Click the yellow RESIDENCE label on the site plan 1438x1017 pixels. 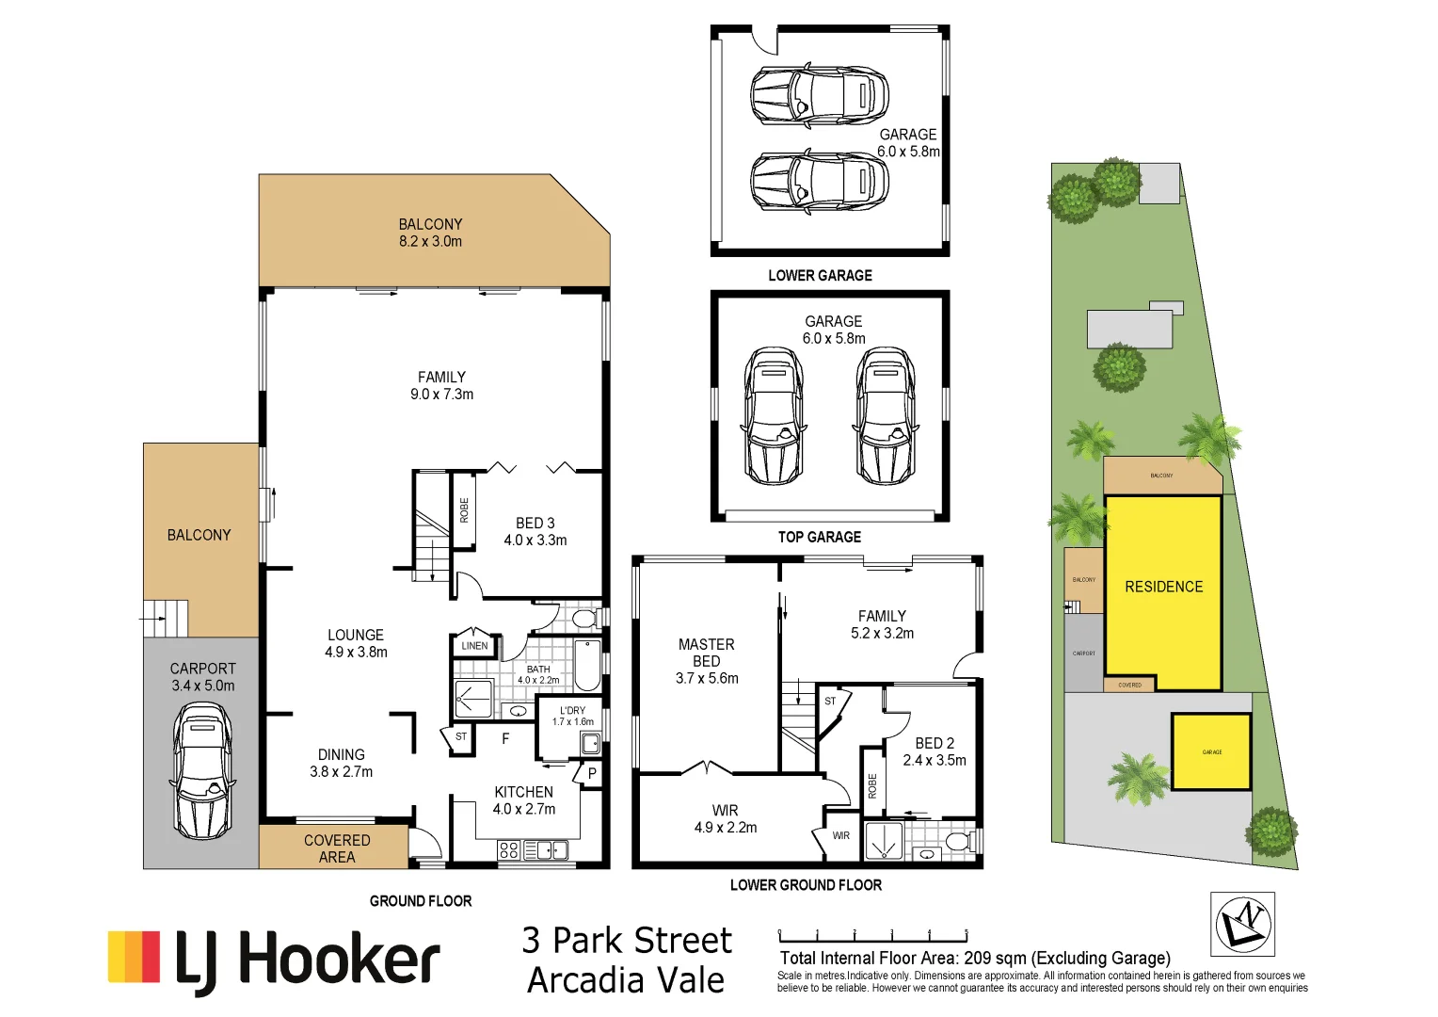pyautogui.click(x=1163, y=587)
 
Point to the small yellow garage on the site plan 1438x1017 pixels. pyautogui.click(x=1211, y=751)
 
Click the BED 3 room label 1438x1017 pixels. pyautogui.click(x=535, y=523)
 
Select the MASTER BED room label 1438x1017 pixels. pyautogui.click(x=706, y=653)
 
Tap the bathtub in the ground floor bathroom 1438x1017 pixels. pyautogui.click(x=587, y=665)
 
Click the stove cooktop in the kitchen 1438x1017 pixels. pyautogui.click(x=508, y=850)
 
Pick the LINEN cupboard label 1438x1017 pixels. pyautogui.click(x=474, y=646)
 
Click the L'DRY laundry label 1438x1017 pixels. pyautogui.click(x=572, y=711)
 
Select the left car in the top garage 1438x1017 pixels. pyautogui.click(x=773, y=415)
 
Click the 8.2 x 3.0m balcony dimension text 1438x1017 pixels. pyautogui.click(x=430, y=242)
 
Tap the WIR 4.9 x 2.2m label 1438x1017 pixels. pyautogui.click(x=725, y=819)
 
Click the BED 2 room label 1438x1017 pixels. pyautogui.click(x=934, y=743)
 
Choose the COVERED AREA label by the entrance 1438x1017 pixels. pyautogui.click(x=336, y=848)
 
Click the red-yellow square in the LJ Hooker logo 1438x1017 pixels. pyautogui.click(x=134, y=957)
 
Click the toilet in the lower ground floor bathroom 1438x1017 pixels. pyautogui.click(x=958, y=840)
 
